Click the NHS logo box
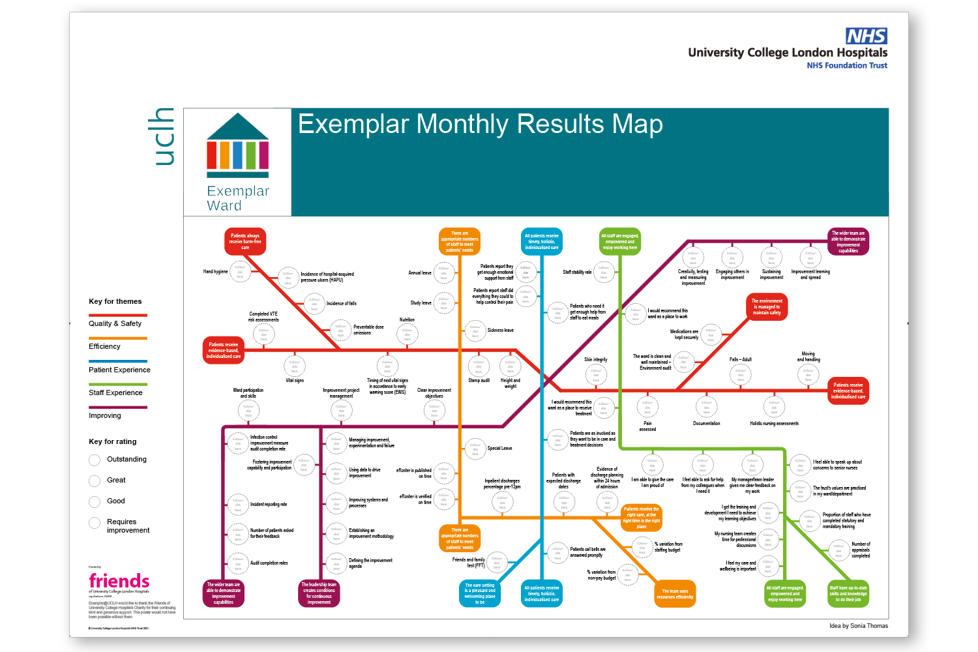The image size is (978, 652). (867, 36)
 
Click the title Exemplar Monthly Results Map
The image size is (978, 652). (480, 124)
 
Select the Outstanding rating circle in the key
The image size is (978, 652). (95, 460)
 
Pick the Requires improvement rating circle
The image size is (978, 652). (95, 523)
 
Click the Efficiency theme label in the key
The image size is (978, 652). (104, 346)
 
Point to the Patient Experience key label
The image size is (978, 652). (119, 370)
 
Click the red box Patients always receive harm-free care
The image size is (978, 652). (245, 241)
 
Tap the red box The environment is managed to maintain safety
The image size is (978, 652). (767, 306)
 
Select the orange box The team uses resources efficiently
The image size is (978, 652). (675, 594)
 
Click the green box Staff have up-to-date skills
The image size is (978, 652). (848, 593)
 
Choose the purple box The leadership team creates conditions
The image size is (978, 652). (319, 593)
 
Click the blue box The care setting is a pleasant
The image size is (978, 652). (480, 593)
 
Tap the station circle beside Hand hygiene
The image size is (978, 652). (239, 271)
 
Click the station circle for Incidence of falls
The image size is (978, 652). (314, 304)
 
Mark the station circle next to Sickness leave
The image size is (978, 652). (475, 331)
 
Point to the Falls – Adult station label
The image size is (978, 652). (740, 359)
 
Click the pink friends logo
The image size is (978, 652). (119, 581)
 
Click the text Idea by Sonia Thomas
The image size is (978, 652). (859, 626)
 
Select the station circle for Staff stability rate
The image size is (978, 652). (604, 272)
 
